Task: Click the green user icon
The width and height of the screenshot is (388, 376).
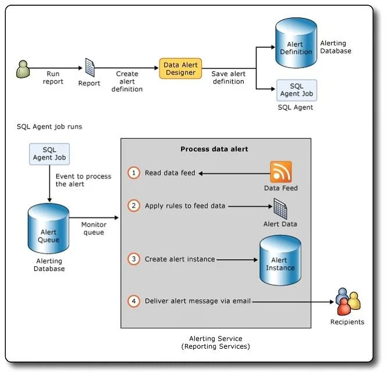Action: tap(23, 69)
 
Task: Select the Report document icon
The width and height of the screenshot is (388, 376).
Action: tap(90, 67)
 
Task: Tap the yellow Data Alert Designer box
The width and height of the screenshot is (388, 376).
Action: tap(180, 69)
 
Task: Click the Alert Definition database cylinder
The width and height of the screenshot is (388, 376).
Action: tap(296, 43)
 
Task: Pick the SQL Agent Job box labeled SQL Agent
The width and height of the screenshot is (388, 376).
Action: tap(297, 90)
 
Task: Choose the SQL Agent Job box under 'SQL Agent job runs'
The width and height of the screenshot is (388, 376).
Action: tap(49, 154)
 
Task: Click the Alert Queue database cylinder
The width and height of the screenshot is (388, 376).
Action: tap(48, 228)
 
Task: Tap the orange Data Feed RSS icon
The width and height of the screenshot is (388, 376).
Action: tap(281, 172)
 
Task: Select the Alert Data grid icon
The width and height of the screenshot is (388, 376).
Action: tap(280, 209)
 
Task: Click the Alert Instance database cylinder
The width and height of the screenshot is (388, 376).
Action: tap(280, 260)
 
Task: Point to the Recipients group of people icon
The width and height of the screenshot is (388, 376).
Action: tap(348, 302)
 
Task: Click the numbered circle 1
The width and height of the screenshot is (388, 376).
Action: tap(134, 173)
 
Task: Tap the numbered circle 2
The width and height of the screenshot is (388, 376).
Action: tap(134, 205)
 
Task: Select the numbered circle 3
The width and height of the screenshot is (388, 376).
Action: tap(134, 259)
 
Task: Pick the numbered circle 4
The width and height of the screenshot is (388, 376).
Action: tap(134, 301)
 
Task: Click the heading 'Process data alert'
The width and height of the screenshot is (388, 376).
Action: tap(214, 149)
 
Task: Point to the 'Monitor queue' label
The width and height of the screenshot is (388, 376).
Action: tap(94, 228)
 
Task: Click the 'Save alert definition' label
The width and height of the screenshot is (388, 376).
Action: tap(229, 78)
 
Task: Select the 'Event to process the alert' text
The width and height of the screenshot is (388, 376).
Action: tap(83, 180)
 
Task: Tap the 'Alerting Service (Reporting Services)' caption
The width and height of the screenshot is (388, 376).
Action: tap(216, 342)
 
